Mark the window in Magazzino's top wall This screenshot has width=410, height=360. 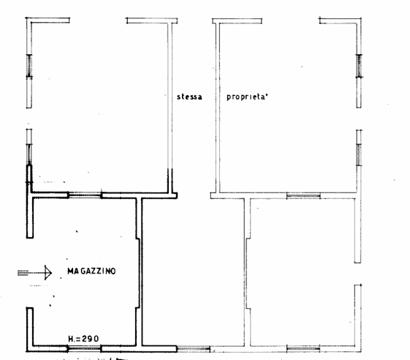[85, 195]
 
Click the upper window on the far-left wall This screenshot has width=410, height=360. [30, 67]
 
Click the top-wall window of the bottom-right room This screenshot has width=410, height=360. [303, 196]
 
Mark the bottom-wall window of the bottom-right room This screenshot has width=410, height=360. [303, 346]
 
